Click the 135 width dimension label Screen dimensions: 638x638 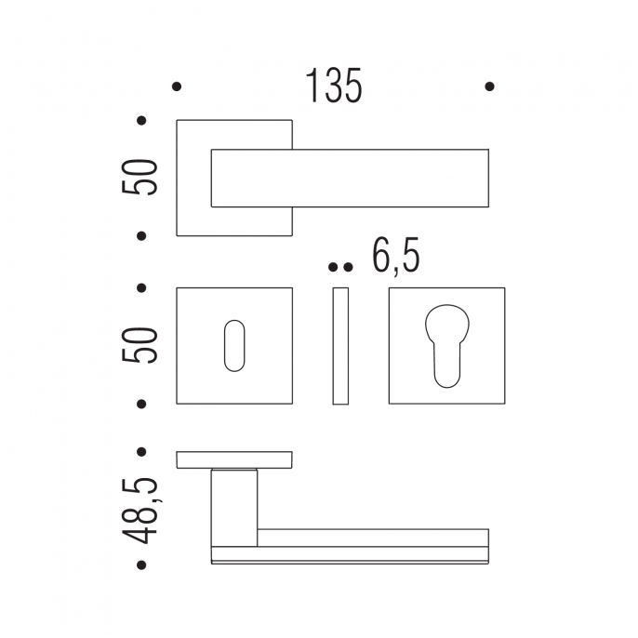pos(334,86)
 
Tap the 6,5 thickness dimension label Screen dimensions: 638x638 pos(396,257)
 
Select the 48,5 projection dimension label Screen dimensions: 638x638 pos(140,512)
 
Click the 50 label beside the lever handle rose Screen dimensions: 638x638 pos(140,177)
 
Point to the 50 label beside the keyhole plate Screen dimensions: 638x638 pos(140,345)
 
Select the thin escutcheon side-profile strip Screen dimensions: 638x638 pos(340,346)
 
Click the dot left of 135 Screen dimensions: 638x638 pos(177,86)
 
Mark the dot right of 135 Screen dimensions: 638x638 pos(490,86)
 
